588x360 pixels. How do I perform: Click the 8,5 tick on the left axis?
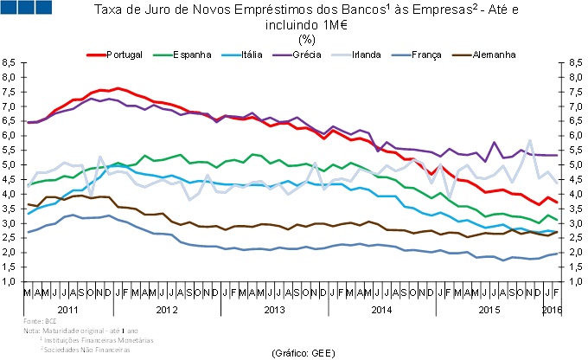9,63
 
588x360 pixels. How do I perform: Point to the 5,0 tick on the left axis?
9,165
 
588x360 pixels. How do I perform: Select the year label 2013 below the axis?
273,309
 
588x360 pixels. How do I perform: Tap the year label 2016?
552,309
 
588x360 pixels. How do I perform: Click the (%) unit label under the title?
307,38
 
